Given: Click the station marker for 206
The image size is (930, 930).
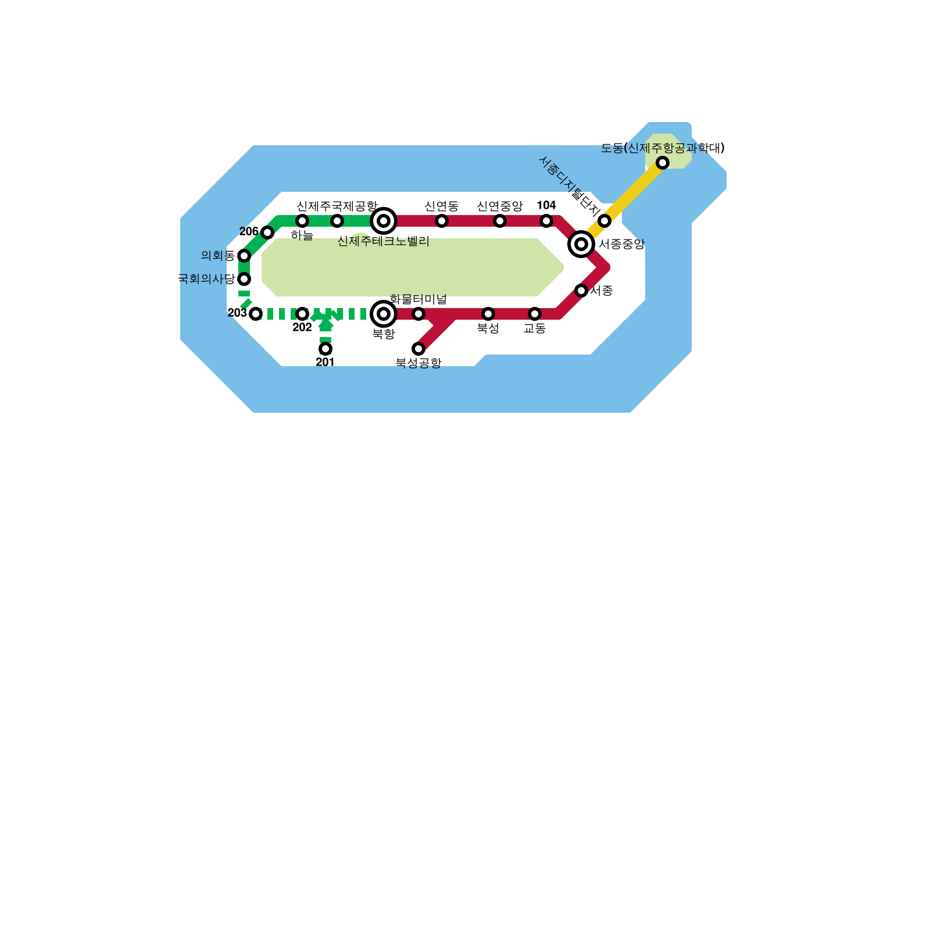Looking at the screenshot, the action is click(267, 233).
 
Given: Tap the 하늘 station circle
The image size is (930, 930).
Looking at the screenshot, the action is click(302, 221).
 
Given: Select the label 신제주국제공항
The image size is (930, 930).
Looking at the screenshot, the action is click(337, 206).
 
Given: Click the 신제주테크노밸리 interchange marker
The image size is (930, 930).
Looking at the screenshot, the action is click(384, 221).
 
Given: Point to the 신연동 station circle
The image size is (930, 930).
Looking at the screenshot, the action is click(442, 221).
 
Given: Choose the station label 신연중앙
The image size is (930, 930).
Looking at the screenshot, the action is click(499, 206).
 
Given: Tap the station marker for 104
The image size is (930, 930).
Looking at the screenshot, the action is click(546, 221).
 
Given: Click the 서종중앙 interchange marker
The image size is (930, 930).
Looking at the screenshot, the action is click(581, 244).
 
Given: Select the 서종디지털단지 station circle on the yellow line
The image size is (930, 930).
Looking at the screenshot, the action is click(604, 221).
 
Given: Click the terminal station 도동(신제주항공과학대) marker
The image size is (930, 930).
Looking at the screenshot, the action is click(663, 163).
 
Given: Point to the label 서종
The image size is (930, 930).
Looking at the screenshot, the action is click(601, 291).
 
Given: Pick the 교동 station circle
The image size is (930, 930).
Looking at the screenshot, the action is click(535, 314).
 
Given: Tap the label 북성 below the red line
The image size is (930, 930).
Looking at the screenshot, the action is click(488, 328).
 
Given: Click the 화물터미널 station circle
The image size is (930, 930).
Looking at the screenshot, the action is click(419, 314).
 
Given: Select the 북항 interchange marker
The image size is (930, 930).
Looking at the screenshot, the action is click(384, 314).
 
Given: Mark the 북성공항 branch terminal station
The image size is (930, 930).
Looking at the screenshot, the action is click(419, 349).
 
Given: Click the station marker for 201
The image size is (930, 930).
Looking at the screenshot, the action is click(325, 349).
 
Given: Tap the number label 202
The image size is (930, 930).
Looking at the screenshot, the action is click(302, 328).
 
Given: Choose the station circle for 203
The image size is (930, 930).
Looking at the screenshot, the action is click(256, 314).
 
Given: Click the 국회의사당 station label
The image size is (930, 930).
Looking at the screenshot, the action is click(206, 279).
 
